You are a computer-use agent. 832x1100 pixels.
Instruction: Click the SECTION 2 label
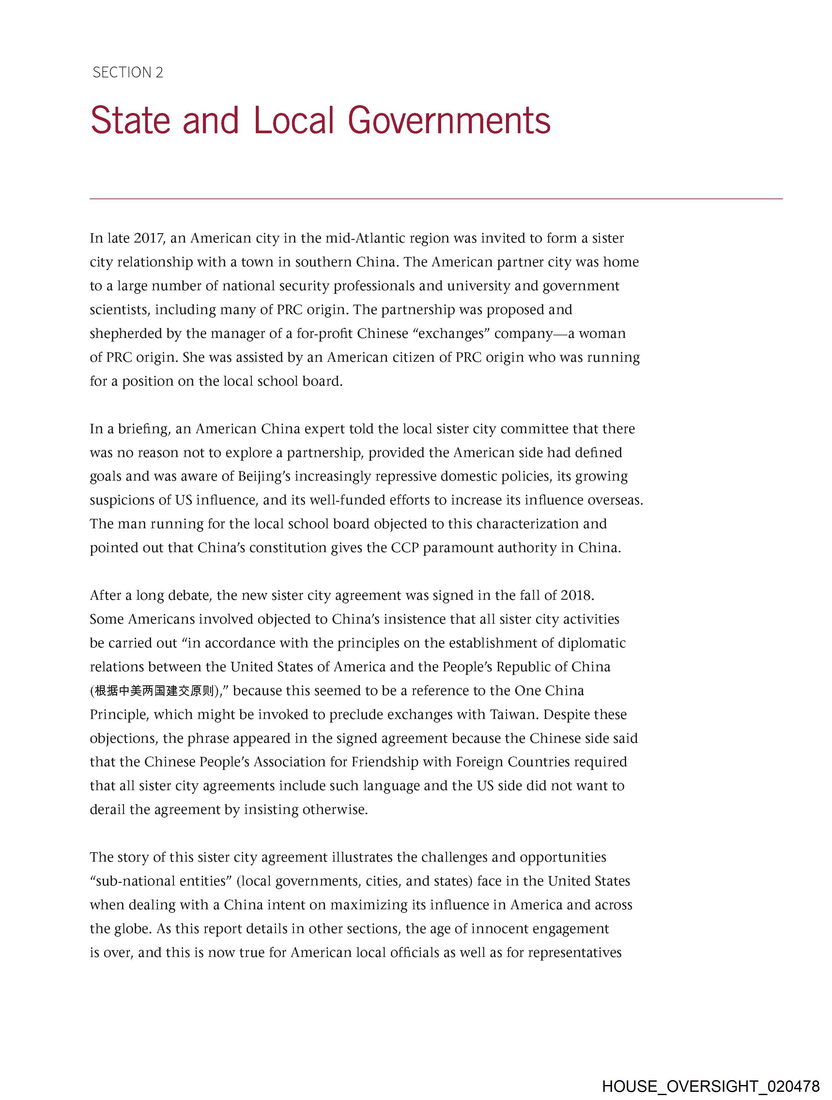point(128,72)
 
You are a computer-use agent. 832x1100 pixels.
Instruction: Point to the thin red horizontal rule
point(436,199)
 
